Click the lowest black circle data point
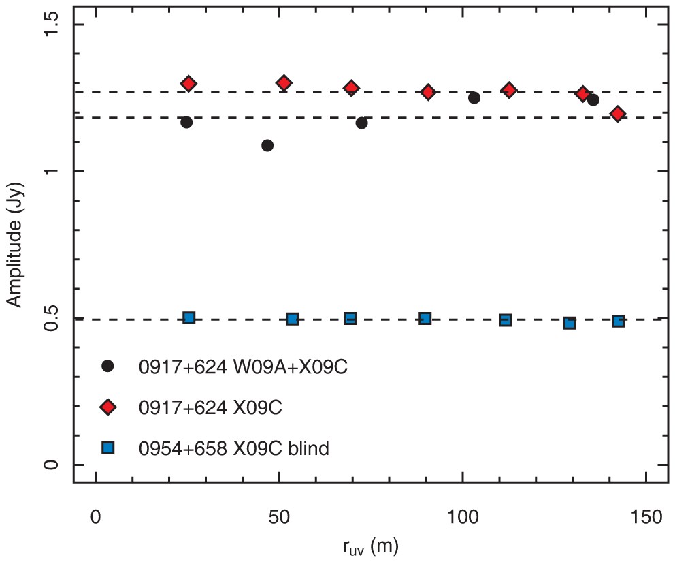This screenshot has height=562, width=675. tap(267, 145)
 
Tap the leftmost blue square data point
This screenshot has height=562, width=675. tap(189, 317)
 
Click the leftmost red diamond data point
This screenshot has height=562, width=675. tap(188, 84)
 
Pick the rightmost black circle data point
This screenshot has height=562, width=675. tap(593, 100)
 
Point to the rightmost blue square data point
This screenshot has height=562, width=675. tap(618, 321)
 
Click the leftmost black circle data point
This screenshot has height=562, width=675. tap(186, 123)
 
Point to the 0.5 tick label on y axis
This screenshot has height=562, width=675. tap(52, 318)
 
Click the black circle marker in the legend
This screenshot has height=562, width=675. tap(107, 366)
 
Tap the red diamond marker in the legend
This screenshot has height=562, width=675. tap(107, 407)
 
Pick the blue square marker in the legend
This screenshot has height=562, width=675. tap(107, 448)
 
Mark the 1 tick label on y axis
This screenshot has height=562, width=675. tap(52, 172)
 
